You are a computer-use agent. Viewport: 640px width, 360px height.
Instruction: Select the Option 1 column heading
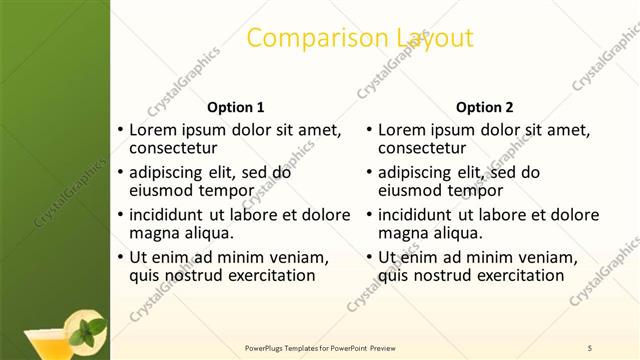235,107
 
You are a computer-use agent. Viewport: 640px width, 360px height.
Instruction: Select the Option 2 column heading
485,107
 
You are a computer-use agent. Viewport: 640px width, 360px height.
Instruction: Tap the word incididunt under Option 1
172,215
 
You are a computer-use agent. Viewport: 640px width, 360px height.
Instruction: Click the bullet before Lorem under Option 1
121,130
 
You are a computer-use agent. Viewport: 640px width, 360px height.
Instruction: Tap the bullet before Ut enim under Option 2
370,257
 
